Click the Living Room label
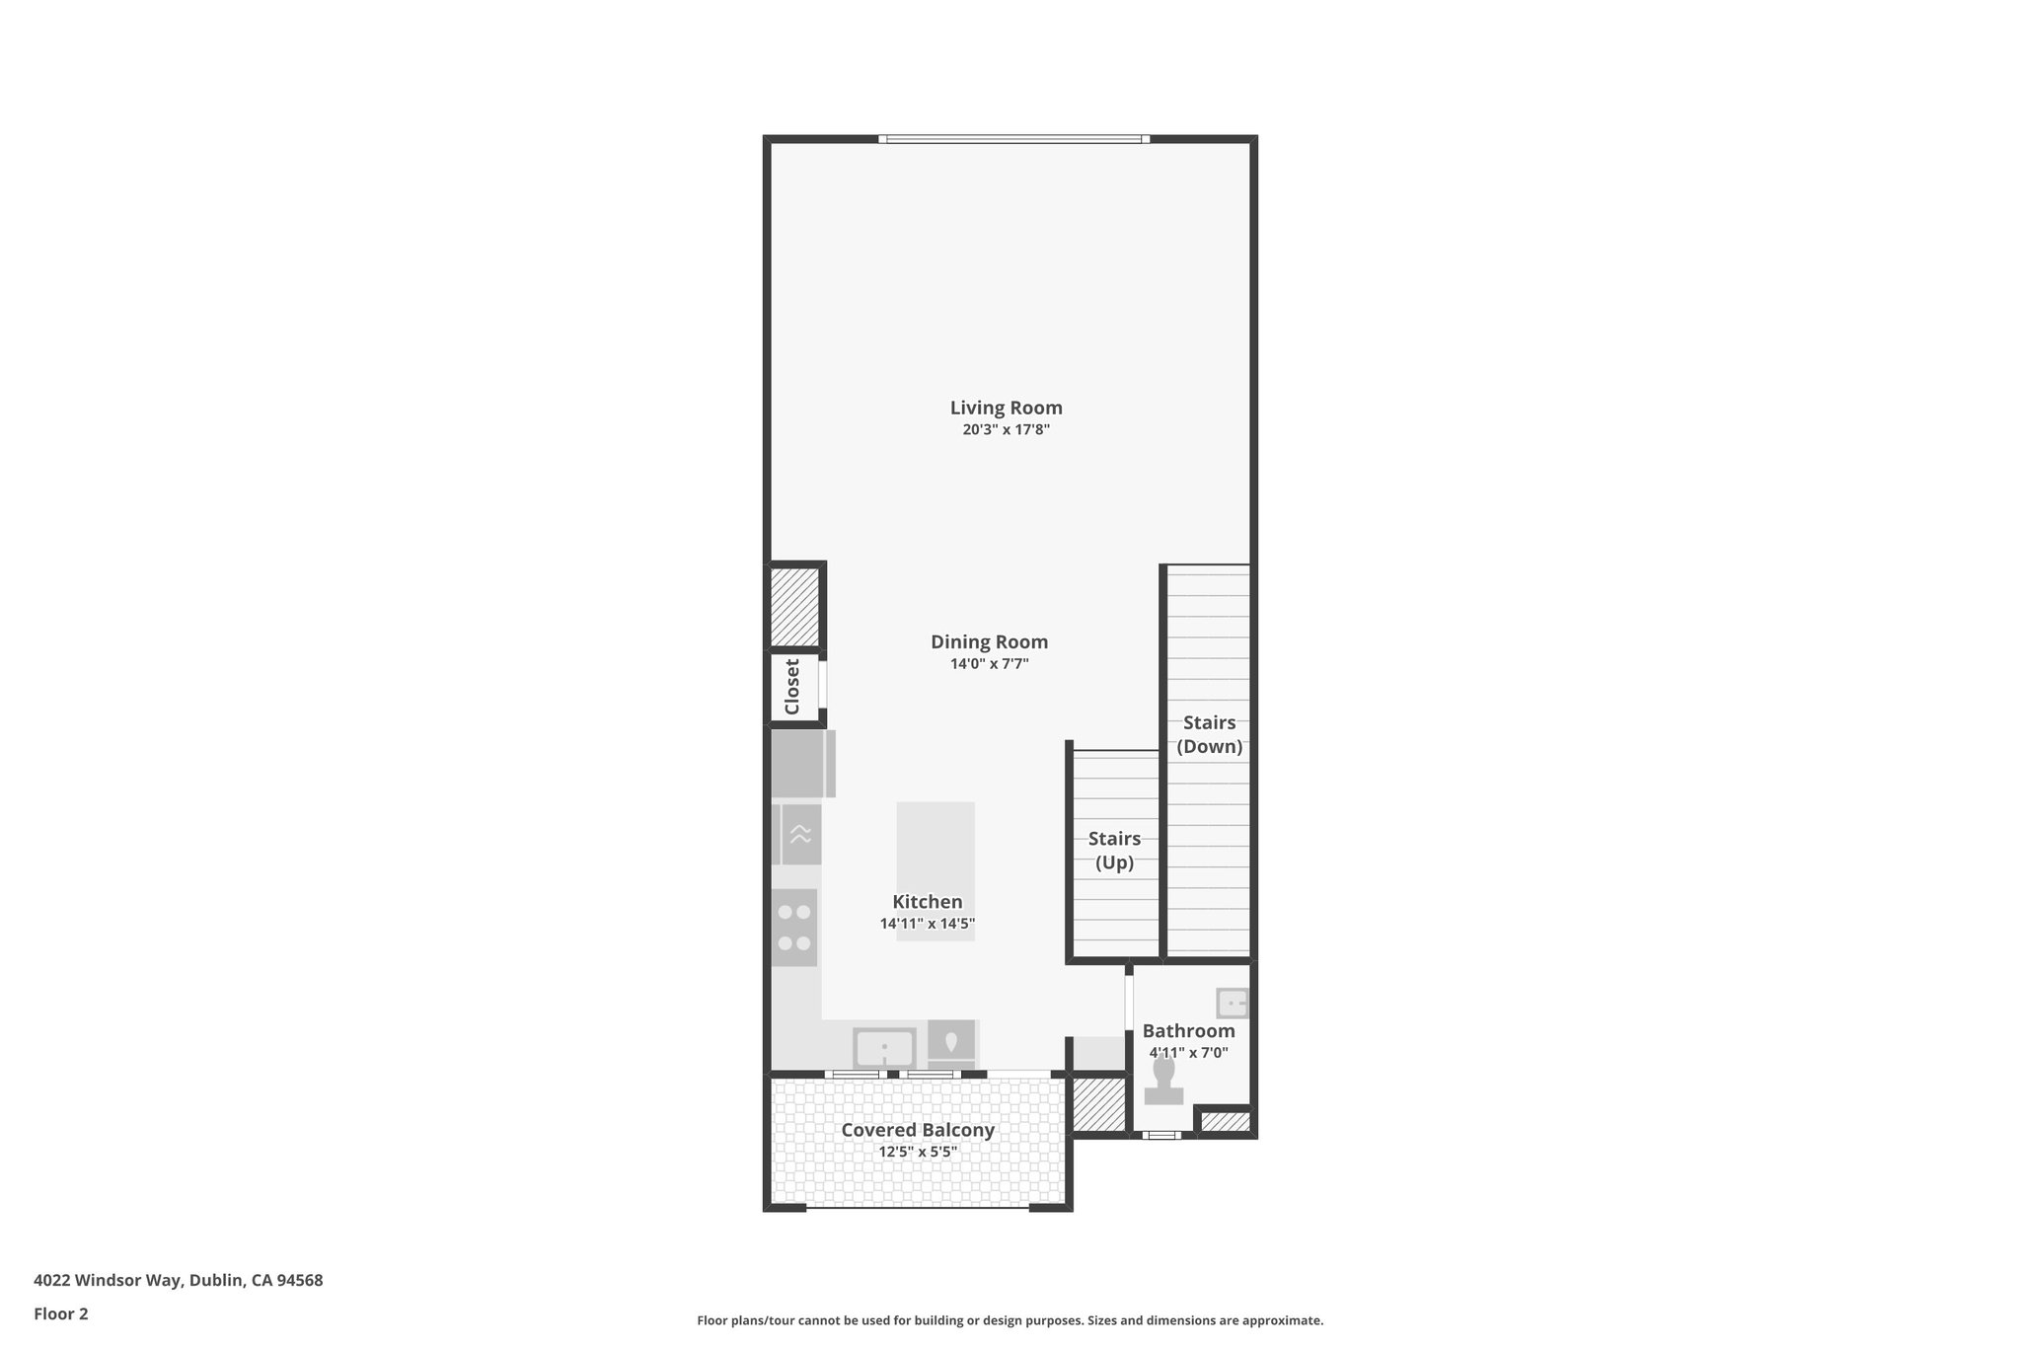pyautogui.click(x=1006, y=408)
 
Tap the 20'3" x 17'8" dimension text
pyautogui.click(x=1006, y=430)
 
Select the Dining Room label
pyautogui.click(x=989, y=642)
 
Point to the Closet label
pyautogui.click(x=792, y=687)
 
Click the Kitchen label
pyautogui.click(x=927, y=902)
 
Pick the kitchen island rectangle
pyautogui.click(x=936, y=849)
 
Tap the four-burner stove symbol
pyautogui.click(x=794, y=928)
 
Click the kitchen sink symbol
pyautogui.click(x=884, y=1048)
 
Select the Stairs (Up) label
pyautogui.click(x=1114, y=851)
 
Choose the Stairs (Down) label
pyautogui.click(x=1209, y=734)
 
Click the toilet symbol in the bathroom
pyautogui.click(x=1163, y=1082)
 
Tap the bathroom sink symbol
pyautogui.click(x=1233, y=1003)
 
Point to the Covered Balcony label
pyautogui.click(x=918, y=1131)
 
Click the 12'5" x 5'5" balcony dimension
pyautogui.click(x=918, y=1153)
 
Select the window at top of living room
pyautogui.click(x=1014, y=139)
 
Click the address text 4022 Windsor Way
pyautogui.click(x=178, y=1281)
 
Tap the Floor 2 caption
pyautogui.click(x=61, y=1313)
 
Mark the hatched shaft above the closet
pyautogui.click(x=794, y=606)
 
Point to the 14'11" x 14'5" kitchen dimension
pyautogui.click(x=927, y=925)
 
